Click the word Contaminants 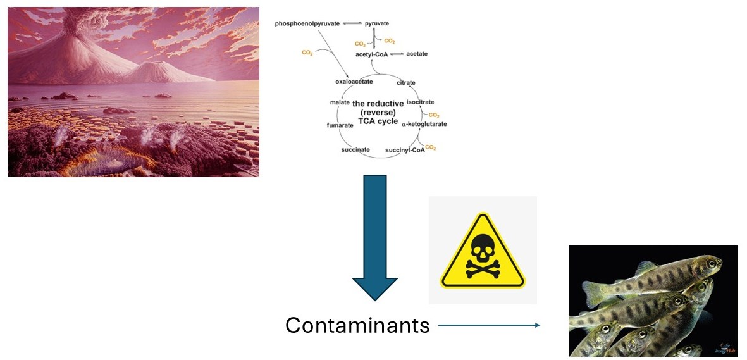357,325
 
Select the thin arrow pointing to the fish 488,325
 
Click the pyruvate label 377,23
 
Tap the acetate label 417,54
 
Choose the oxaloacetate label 354,82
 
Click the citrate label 405,83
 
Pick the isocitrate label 420,102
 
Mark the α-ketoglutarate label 424,124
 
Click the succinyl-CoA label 405,151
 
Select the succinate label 355,149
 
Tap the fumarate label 340,125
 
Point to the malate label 340,102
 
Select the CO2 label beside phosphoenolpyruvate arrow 307,53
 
